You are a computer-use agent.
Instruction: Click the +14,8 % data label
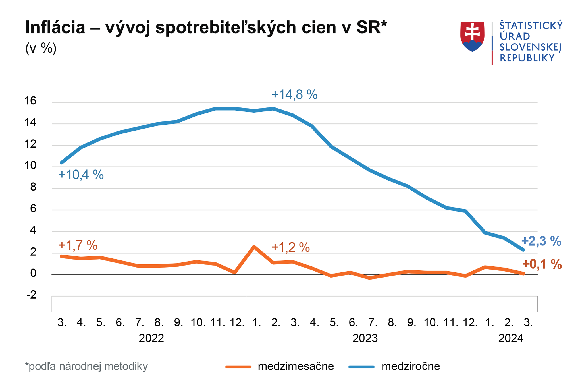click(294, 94)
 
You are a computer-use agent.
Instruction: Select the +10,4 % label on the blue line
click(81, 175)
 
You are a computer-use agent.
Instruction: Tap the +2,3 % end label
click(541, 241)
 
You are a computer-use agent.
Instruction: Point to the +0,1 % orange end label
click(542, 264)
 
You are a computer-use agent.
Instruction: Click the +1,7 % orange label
click(78, 245)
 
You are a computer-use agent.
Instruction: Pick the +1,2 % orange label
click(291, 247)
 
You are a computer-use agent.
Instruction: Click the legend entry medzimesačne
click(296, 366)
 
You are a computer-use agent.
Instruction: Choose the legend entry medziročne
click(411, 366)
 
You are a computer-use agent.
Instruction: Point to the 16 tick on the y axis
click(31, 101)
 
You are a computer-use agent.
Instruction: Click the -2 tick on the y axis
click(31, 295)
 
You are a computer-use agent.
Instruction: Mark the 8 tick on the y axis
click(33, 187)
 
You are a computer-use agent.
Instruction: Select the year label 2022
click(151, 338)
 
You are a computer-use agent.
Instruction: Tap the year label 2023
click(365, 338)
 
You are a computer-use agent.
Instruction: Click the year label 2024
click(511, 338)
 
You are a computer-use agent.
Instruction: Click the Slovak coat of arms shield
click(472, 36)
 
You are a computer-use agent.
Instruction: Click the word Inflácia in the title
click(55, 27)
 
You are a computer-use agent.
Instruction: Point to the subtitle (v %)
click(41, 48)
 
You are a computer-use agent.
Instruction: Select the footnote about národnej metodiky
click(86, 366)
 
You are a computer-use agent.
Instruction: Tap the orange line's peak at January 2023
click(254, 247)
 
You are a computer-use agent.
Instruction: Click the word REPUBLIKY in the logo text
click(527, 58)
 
